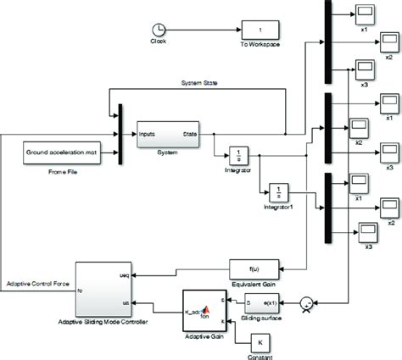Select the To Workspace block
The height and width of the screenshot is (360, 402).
(x=260, y=30)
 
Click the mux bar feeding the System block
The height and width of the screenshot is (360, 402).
(x=122, y=135)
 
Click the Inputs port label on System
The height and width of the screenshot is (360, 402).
(x=148, y=133)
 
